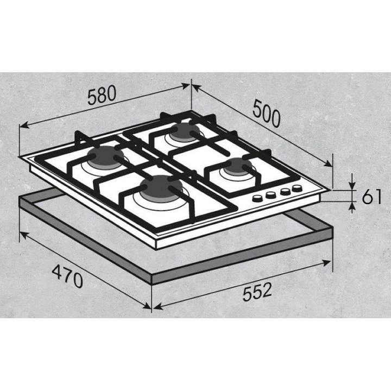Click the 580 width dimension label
pos(102,94)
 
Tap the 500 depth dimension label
pos(266,113)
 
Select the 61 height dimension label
pos(371,197)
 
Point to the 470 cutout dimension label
pos(67,276)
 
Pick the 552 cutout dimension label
pos(257,291)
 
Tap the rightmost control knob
pos(297,188)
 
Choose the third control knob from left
pos(285,192)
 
